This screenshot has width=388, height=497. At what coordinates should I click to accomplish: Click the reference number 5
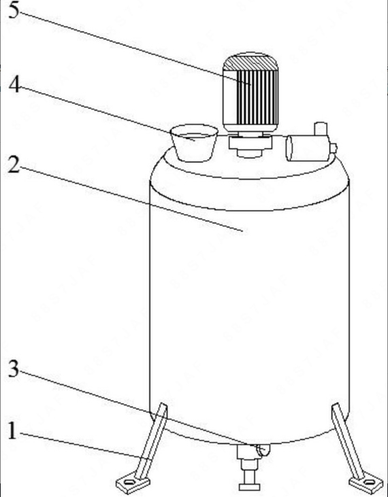pos(14,10)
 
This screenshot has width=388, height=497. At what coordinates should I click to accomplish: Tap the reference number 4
pos(14,84)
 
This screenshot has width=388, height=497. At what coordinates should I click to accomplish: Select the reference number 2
pos(14,165)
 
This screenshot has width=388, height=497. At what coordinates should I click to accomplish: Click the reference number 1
pos(12,431)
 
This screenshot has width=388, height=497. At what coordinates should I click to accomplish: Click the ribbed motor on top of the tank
pos(250,92)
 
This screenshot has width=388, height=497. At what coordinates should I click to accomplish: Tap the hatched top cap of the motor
pos(250,61)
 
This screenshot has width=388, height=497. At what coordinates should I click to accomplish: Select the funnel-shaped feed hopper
pos(194,143)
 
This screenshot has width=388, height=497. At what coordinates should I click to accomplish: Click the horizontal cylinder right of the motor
pos(308,148)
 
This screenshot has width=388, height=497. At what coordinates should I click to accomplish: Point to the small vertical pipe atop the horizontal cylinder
pos(321,128)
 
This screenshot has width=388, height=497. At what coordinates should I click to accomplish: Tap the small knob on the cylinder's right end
pos(334,148)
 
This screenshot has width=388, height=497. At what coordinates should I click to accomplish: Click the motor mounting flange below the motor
pos(250,145)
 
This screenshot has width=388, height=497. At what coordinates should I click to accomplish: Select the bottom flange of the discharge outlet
pos(249,487)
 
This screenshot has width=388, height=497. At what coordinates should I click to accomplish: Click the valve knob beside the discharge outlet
pos(264,450)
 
